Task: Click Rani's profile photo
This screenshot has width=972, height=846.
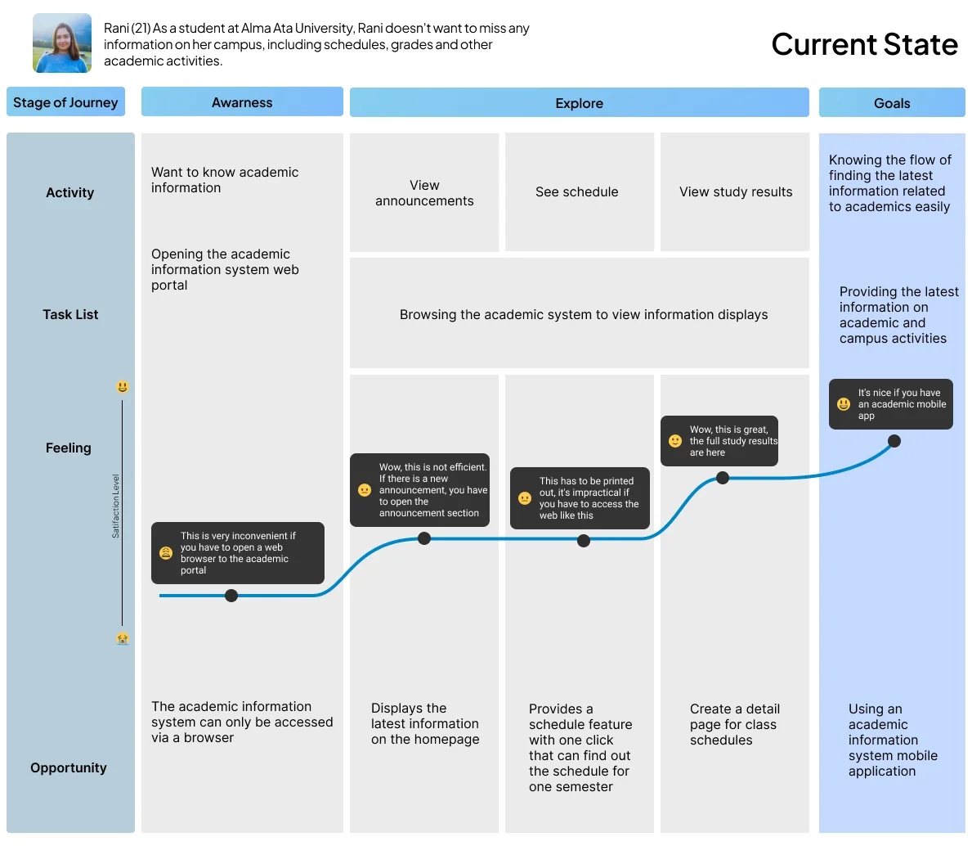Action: pos(62,43)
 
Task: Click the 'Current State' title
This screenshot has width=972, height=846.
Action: pos(864,45)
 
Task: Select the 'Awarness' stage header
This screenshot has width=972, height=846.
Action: pos(242,102)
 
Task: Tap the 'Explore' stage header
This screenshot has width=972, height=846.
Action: pos(579,103)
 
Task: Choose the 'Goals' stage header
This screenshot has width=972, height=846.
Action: pos(891,103)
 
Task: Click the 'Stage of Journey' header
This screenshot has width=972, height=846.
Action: pos(65,102)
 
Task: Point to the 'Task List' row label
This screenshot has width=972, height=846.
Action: pos(70,314)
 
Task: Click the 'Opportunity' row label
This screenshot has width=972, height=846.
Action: pos(68,767)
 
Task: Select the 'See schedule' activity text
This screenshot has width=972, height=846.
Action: pos(576,191)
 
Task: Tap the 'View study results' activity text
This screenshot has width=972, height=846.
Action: pos(735,191)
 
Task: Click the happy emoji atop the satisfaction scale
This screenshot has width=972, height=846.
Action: pos(122,387)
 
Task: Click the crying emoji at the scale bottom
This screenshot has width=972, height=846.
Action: pos(122,638)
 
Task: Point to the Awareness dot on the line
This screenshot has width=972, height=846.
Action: pos(231,596)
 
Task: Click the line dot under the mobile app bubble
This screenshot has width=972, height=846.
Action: pos(894,441)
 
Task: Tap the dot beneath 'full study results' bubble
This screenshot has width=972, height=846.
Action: pos(722,478)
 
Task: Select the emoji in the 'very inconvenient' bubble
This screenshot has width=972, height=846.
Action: pos(165,552)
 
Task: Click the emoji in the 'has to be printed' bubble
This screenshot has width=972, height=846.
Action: pos(525,498)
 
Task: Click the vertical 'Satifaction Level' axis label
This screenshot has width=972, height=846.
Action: pos(115,506)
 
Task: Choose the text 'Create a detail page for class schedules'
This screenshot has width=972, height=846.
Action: pos(735,724)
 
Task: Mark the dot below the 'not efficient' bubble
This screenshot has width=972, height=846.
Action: pos(424,538)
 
